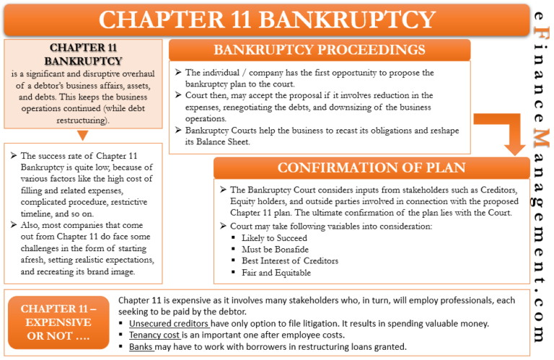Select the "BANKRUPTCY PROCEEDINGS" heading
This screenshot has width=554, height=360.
(x=319, y=50)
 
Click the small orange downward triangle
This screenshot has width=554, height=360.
(x=83, y=135)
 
